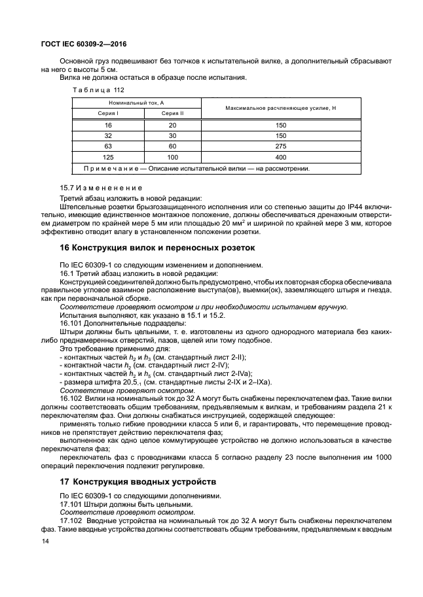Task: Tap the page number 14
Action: tap(45, 542)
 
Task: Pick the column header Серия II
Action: tap(173, 113)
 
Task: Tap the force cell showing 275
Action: tap(281, 146)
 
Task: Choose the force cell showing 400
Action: tap(281, 158)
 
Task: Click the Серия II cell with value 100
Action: tap(173, 158)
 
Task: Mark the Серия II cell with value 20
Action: tap(173, 124)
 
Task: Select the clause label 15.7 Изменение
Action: tap(92, 188)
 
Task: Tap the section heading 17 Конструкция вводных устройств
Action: tap(138, 481)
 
